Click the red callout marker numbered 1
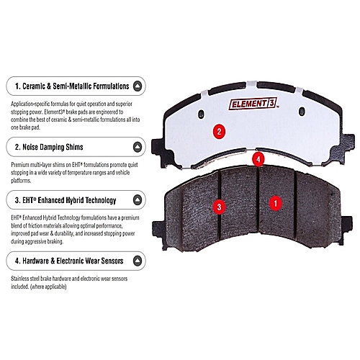click(276, 203)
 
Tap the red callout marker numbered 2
click(219, 132)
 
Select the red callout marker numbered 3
click(219, 207)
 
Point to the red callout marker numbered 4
click(258, 159)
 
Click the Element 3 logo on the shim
click(253, 104)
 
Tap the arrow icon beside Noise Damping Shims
click(138, 147)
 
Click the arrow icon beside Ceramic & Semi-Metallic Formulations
click(138, 86)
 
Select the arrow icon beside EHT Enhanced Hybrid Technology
click(138, 200)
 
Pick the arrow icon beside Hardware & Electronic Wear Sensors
click(138, 261)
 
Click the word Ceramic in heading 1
click(34, 86)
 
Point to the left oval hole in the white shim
click(201, 114)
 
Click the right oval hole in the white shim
click(302, 111)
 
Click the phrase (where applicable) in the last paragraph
click(48, 287)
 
